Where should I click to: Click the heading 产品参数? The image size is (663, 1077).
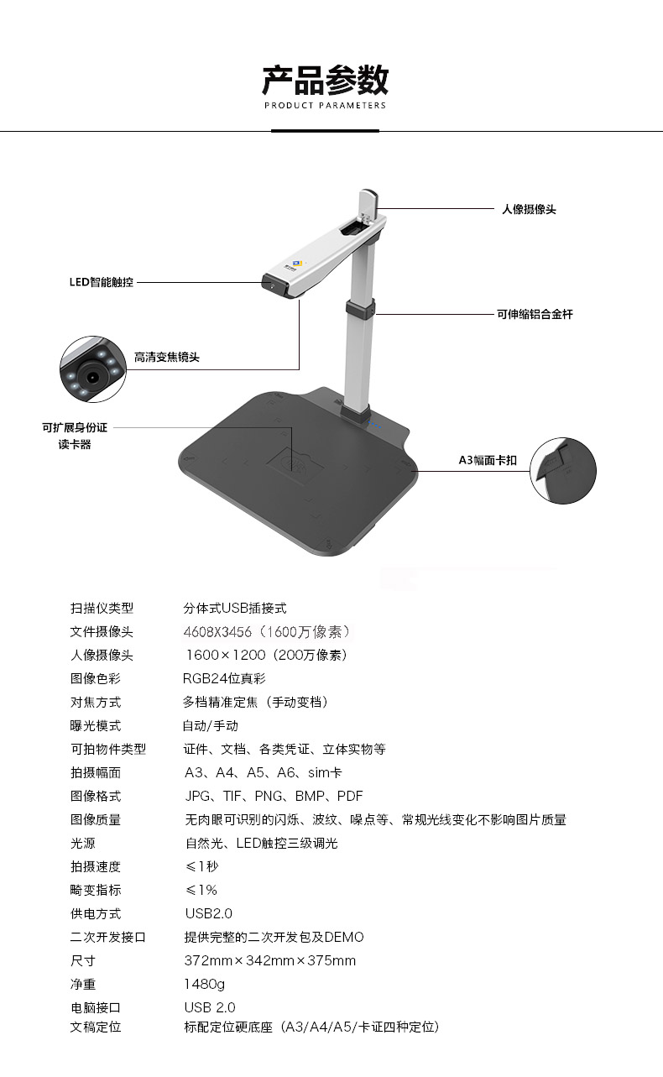pyautogui.click(x=325, y=80)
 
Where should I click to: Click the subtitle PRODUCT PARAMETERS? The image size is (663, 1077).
pyautogui.click(x=325, y=105)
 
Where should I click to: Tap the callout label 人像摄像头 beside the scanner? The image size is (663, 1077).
pyautogui.click(x=529, y=209)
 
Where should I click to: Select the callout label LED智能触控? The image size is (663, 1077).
pyautogui.click(x=101, y=282)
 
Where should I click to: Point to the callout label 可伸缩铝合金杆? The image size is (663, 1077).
pyautogui.click(x=535, y=315)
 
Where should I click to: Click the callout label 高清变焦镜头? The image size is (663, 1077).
pyautogui.click(x=167, y=358)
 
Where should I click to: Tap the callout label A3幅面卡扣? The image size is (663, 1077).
pyautogui.click(x=488, y=460)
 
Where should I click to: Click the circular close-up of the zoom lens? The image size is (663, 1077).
pyautogui.click(x=93, y=369)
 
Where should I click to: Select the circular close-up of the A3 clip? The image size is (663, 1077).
pyautogui.click(x=563, y=471)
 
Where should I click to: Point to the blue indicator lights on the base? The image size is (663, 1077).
pyautogui.click(x=375, y=426)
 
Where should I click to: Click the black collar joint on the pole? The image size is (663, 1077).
pyautogui.click(x=360, y=309)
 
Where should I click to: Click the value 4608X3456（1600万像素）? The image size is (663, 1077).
pyautogui.click(x=268, y=631)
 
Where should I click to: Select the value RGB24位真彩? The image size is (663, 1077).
pyautogui.click(x=224, y=678)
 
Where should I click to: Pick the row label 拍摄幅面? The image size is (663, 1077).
pyautogui.click(x=95, y=772)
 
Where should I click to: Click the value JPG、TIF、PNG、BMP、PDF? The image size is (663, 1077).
pyautogui.click(x=274, y=797)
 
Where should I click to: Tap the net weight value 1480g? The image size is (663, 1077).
pyautogui.click(x=204, y=984)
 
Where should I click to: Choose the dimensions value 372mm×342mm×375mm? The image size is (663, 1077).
pyautogui.click(x=269, y=960)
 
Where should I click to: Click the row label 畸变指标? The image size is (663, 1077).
pyautogui.click(x=95, y=890)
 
